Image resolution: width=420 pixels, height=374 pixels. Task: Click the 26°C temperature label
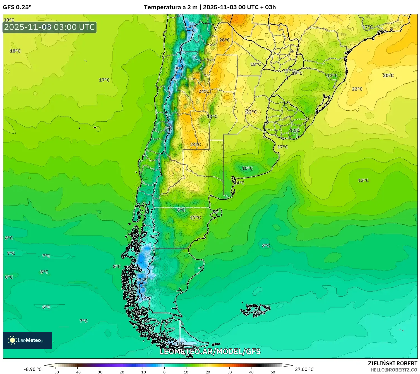click(x=224, y=40)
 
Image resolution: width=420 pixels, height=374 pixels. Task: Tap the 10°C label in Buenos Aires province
click(x=247, y=168)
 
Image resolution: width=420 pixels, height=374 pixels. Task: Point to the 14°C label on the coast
click(x=239, y=183)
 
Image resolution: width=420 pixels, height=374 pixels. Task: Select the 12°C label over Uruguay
click(x=295, y=131)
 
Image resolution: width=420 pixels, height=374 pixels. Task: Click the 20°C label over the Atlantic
click(x=388, y=75)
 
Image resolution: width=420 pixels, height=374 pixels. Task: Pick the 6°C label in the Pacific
click(x=46, y=307)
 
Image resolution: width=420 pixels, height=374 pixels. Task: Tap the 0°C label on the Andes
click(x=168, y=128)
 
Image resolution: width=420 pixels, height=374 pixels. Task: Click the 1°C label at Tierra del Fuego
click(x=180, y=344)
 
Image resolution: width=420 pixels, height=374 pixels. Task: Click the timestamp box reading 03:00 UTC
click(x=50, y=27)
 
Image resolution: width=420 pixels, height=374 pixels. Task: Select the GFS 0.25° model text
click(x=17, y=7)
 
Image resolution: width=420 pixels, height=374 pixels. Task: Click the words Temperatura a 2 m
click(x=171, y=7)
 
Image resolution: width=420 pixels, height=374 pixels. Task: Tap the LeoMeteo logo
click(x=27, y=340)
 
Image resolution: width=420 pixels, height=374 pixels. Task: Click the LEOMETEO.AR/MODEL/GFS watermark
click(x=210, y=351)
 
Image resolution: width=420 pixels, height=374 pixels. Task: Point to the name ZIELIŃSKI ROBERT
click(x=392, y=363)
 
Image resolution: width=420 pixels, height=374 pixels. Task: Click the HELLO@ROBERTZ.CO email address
click(x=393, y=370)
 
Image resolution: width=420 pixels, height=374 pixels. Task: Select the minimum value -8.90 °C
click(x=33, y=369)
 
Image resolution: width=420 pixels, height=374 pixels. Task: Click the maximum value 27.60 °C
click(x=304, y=369)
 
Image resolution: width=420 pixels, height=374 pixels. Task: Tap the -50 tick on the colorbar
click(x=56, y=372)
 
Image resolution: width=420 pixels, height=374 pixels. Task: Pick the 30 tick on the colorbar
click(x=229, y=372)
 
